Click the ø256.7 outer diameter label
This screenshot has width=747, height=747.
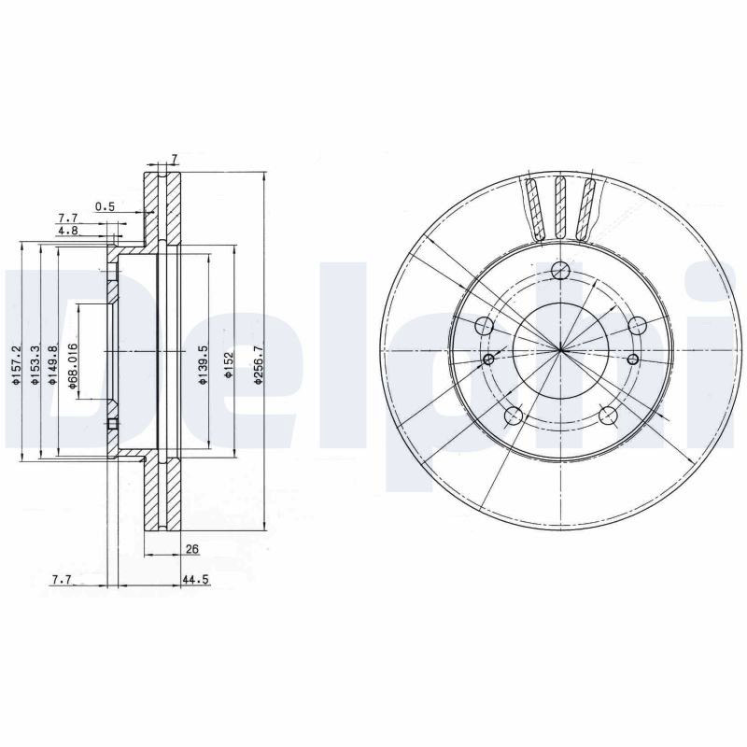point(259,364)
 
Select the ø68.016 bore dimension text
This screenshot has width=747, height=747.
point(73,366)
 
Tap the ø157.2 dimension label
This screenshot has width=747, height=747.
point(16,365)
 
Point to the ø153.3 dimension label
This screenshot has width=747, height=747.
point(34,365)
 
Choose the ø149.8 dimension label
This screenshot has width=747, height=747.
point(51,365)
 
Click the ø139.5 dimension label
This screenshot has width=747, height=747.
point(204,365)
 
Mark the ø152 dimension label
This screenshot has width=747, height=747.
point(229,365)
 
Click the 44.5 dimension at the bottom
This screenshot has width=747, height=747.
point(195,580)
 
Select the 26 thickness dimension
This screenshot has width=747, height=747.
point(192,549)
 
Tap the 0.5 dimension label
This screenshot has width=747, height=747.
point(105,206)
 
